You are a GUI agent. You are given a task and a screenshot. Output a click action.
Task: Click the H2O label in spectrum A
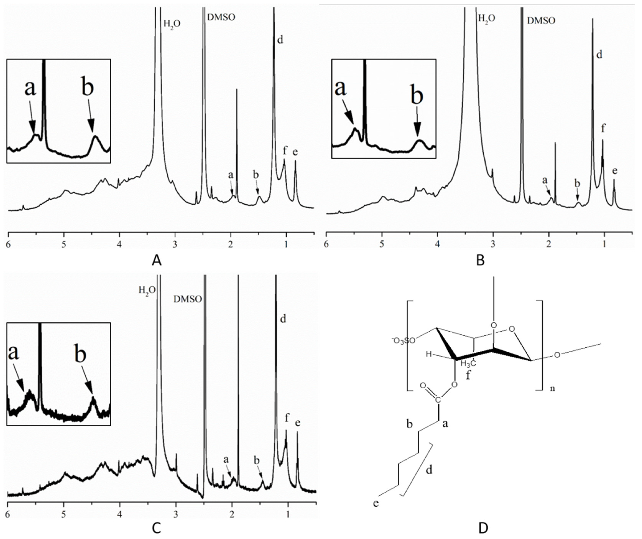pyautogui.click(x=172, y=24)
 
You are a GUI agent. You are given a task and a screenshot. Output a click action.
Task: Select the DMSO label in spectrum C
pyautogui.click(x=188, y=299)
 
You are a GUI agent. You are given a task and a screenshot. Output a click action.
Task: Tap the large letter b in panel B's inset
pyautogui.click(x=417, y=96)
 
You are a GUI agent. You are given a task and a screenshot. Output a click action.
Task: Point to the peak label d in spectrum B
pyautogui.click(x=599, y=55)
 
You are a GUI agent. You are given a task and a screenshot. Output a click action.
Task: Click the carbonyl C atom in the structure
pyautogui.click(x=438, y=400)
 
